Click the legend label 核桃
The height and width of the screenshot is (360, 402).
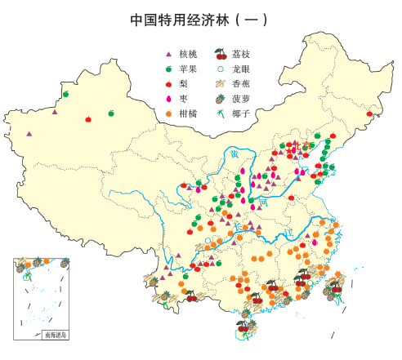[x=188, y=55]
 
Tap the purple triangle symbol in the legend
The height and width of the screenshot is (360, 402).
[x=168, y=55]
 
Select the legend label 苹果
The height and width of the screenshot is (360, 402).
[x=188, y=69]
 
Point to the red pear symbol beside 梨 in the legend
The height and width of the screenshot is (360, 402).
[x=168, y=84]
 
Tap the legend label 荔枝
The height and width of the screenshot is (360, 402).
[x=241, y=55]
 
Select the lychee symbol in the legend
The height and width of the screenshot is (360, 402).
[x=220, y=55]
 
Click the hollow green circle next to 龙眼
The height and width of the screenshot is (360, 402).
[x=220, y=69]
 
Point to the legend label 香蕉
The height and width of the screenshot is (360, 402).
[x=241, y=84]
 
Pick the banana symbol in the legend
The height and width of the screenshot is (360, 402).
[x=220, y=84]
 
